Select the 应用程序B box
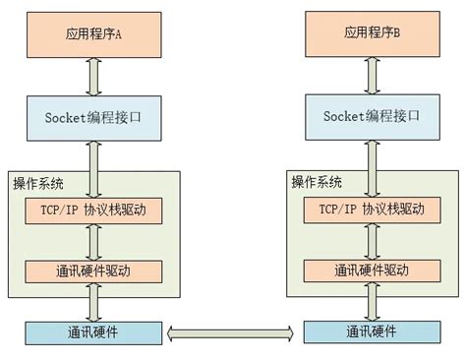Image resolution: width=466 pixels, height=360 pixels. pos(373,33)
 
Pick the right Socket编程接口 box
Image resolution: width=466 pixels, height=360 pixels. pos(373,116)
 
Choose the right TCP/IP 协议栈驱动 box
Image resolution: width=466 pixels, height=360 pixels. pos(373,210)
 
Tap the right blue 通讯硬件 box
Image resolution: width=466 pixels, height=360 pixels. pos(373,331)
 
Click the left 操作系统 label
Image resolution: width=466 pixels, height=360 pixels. pos(39,182)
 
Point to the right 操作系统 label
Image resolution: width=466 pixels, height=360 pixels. pos(316,182)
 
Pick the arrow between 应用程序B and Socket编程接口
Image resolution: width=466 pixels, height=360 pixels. pos(373,75)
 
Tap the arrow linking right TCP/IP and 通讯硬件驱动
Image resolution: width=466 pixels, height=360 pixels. pos(373,240)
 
